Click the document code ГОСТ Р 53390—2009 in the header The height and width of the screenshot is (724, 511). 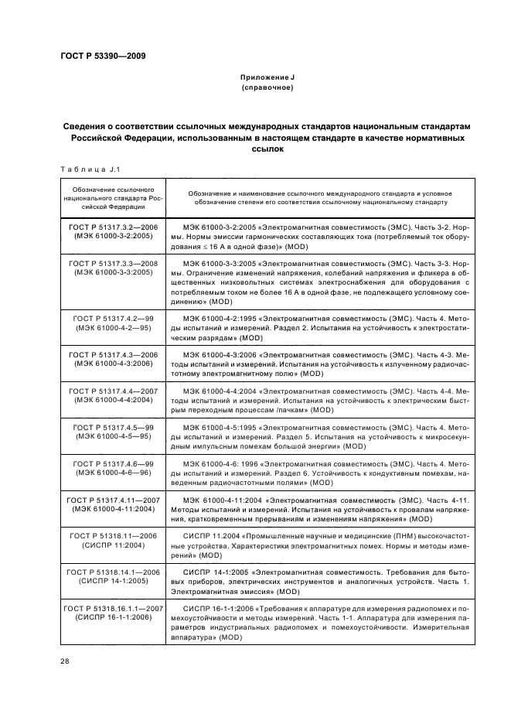(102, 55)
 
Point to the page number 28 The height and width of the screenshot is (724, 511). (64, 662)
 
